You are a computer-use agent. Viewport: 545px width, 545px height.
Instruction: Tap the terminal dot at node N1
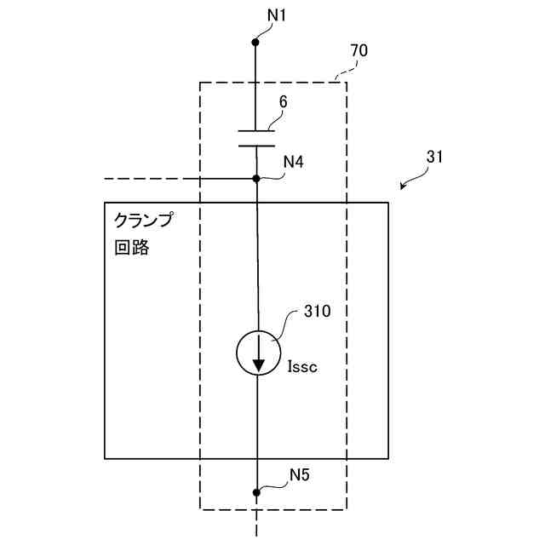pos(256,40)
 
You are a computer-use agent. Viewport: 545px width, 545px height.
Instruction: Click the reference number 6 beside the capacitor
pos(283,101)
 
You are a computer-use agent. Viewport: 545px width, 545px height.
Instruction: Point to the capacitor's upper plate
pos(256,131)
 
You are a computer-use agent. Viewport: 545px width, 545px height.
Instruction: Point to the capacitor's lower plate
pos(256,145)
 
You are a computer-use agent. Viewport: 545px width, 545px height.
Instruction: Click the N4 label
pos(294,161)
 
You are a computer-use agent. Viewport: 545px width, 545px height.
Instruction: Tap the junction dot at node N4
pos(256,179)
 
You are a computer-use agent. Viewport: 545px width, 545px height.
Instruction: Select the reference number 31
pos(434,158)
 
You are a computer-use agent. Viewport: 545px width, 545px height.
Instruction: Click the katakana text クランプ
pos(143,221)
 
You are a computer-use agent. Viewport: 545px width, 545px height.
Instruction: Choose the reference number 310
pos(317,312)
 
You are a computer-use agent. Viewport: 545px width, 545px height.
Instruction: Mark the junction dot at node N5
pos(256,492)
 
